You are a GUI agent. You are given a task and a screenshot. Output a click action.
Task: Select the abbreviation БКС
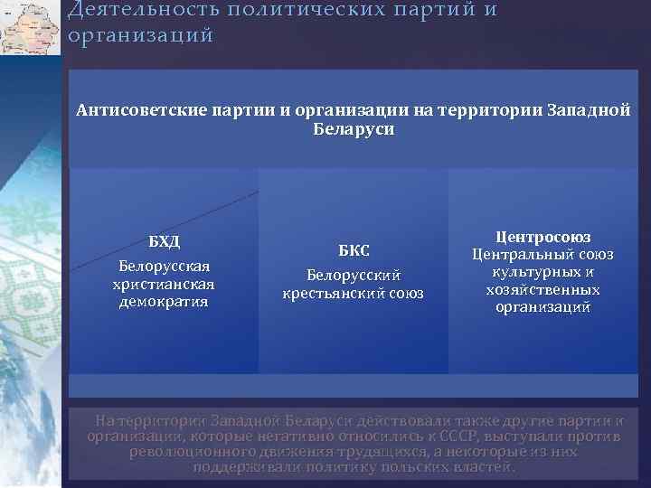point(354,250)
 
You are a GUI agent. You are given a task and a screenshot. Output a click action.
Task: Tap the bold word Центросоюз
point(542,237)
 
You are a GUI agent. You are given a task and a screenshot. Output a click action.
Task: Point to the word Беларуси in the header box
point(354,129)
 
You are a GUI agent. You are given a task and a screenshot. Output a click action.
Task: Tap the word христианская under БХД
point(165,284)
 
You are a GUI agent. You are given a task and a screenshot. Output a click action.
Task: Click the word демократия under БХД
point(165,301)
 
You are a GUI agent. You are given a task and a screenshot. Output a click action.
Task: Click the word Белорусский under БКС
point(354,275)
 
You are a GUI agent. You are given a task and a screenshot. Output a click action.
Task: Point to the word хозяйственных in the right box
point(542,290)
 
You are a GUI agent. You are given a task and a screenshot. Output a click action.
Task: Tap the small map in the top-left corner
point(31,27)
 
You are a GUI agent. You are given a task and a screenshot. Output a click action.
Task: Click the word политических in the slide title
point(303,10)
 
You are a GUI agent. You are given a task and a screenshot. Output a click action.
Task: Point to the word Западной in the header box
point(589,111)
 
